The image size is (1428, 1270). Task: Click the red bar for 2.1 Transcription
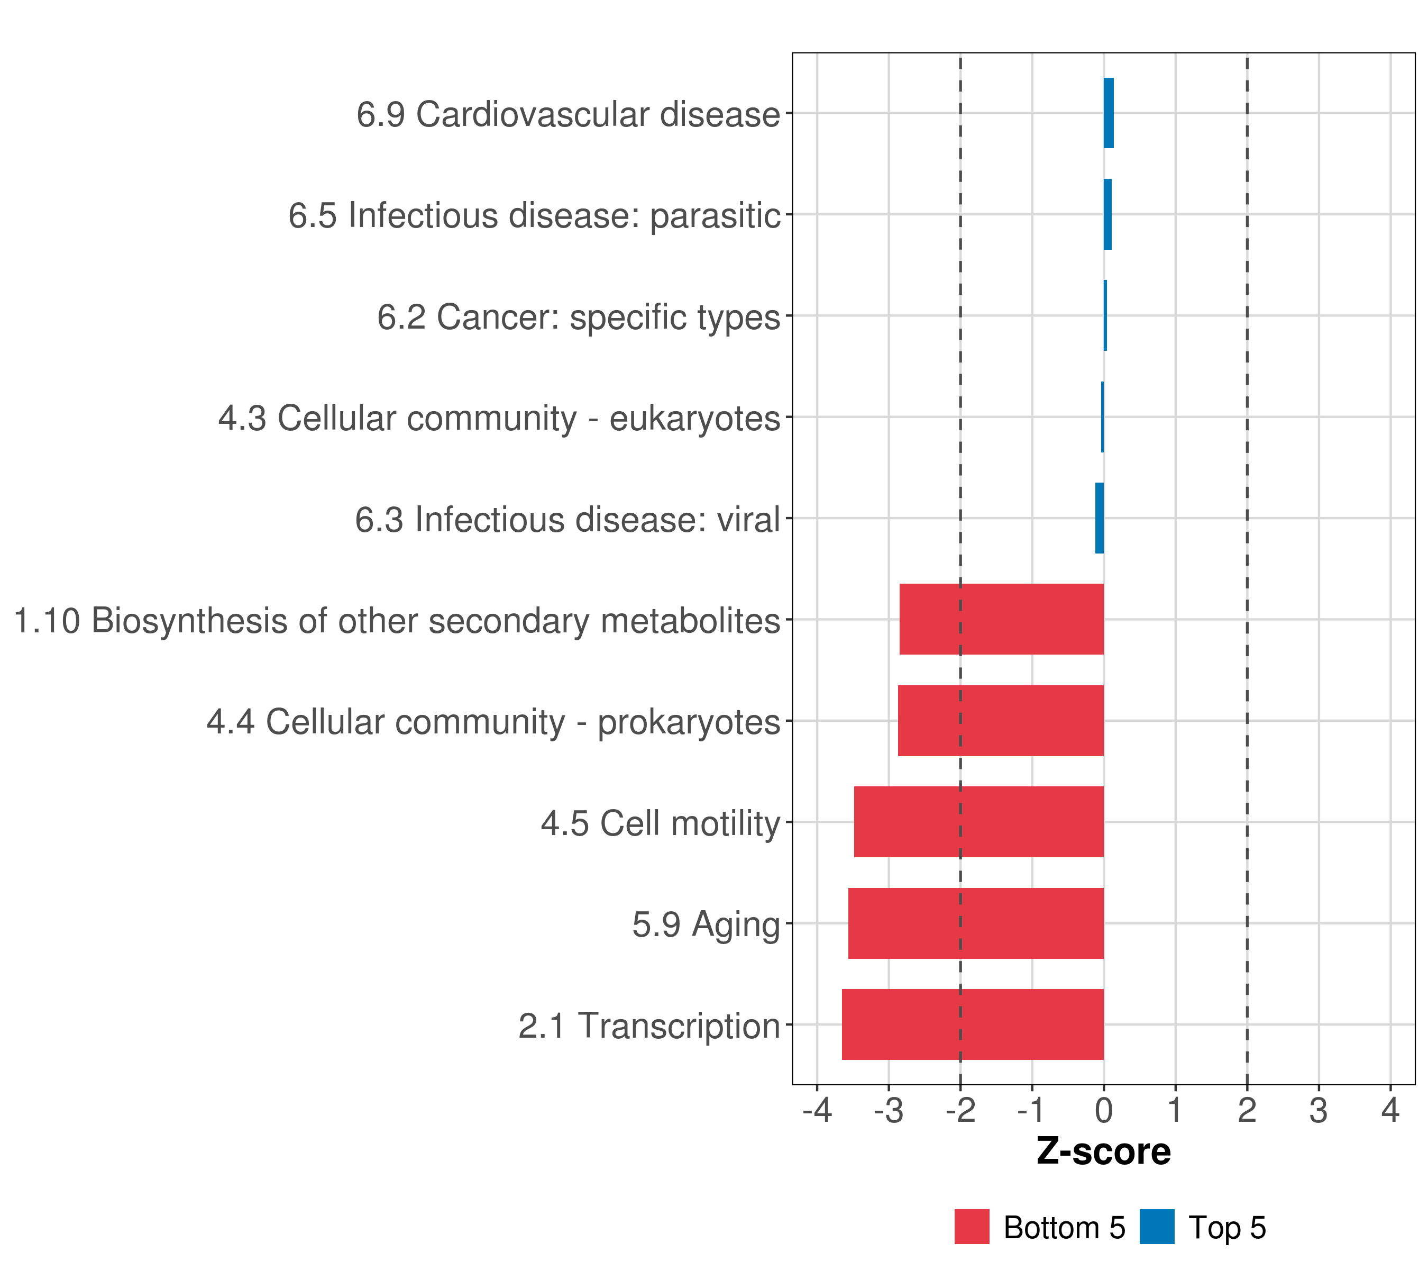973,1024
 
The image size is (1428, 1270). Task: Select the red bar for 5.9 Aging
976,923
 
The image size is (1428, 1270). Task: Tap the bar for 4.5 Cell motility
979,822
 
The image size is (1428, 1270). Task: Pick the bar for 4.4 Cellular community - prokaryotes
1001,721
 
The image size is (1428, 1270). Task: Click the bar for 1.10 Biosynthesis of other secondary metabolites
1001,619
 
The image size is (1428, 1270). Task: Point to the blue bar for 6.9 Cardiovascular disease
1109,113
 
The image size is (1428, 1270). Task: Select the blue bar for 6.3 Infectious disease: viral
1100,518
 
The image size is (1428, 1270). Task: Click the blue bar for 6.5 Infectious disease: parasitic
1107,215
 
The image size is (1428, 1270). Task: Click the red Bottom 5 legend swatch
972,1227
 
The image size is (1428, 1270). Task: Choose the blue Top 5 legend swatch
1157,1227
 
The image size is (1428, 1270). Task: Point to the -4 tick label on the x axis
817,1110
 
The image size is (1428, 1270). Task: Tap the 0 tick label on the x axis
1104,1110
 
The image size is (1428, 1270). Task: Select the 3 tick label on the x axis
1319,1110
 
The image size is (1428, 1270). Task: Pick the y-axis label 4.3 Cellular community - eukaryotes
499,419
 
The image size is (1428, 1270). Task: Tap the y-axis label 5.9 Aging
706,924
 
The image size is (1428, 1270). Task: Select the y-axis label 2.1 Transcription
649,1026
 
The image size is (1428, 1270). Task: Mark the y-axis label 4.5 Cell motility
660,823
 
